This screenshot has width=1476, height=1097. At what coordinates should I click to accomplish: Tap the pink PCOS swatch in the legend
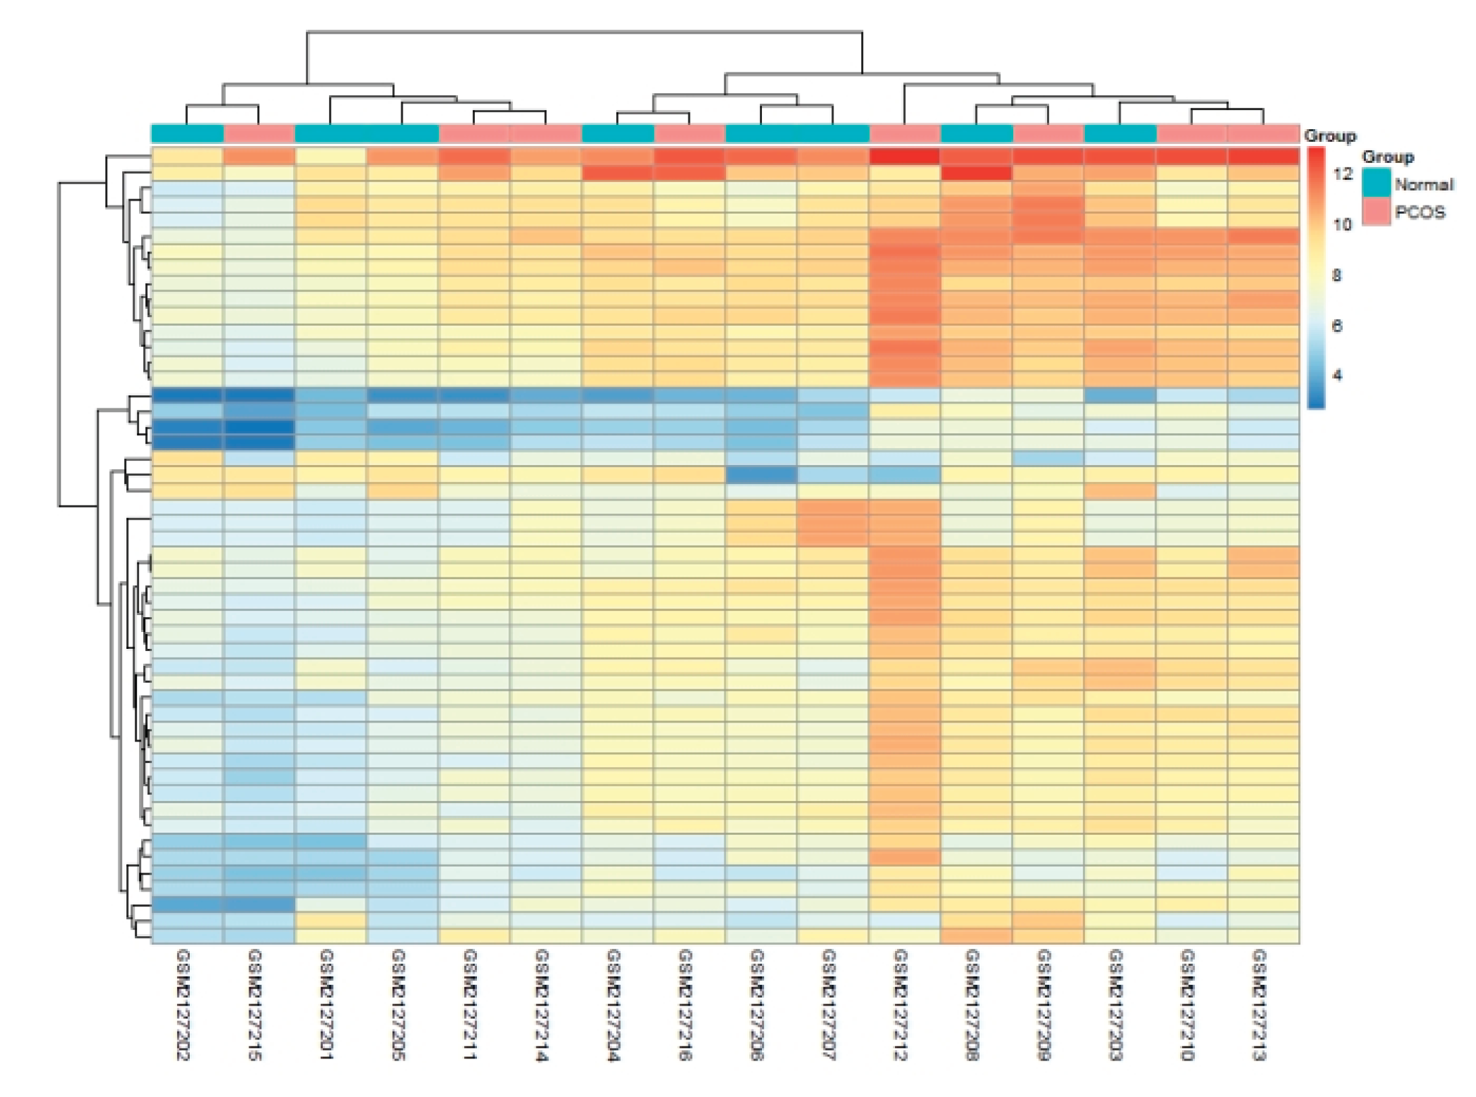click(x=1376, y=212)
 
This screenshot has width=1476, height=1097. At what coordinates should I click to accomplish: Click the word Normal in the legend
click(x=1424, y=185)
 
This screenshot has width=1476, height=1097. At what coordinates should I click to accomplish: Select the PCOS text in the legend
click(x=1420, y=212)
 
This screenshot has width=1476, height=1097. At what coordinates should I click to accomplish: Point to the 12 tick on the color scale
click(x=1342, y=174)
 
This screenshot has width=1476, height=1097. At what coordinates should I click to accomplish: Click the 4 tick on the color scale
click(x=1337, y=375)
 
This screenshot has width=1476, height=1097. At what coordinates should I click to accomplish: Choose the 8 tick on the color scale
click(x=1337, y=275)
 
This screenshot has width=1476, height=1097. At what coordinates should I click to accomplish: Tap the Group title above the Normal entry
click(x=1388, y=157)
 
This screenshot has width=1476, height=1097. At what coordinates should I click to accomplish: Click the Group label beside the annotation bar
click(x=1329, y=136)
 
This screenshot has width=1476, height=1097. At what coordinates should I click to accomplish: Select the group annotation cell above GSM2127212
click(x=905, y=133)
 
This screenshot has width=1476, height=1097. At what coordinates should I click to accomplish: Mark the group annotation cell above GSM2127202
click(x=187, y=133)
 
